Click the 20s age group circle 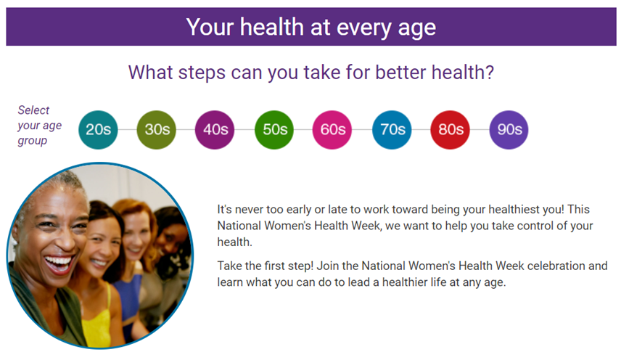(x=98, y=130)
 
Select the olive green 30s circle (x=157, y=130)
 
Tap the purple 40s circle (x=215, y=130)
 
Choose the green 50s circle (x=274, y=130)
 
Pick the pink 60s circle (x=332, y=130)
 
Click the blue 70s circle (x=392, y=130)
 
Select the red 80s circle (x=450, y=130)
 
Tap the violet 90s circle (x=509, y=130)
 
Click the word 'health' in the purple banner (x=271, y=27)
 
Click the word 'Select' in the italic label (x=33, y=110)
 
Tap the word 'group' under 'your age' (x=33, y=141)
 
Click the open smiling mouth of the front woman (x=58, y=264)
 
